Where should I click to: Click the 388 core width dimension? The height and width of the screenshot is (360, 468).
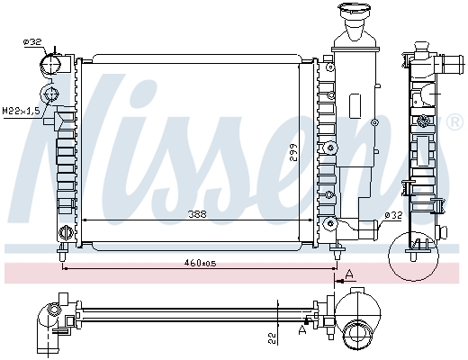tap(197, 214)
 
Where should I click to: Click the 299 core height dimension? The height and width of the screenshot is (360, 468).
tap(294, 152)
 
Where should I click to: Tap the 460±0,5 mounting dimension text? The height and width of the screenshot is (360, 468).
tap(200, 263)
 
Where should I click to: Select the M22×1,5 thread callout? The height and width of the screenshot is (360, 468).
tap(21, 111)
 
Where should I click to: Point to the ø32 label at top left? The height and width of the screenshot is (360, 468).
tap(32, 42)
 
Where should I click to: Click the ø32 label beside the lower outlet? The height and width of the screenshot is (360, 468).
tap(393, 215)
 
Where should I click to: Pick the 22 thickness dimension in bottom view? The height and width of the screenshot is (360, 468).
tap(272, 339)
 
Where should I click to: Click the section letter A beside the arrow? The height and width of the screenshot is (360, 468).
tap(349, 274)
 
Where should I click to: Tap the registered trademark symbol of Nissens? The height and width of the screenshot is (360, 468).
tap(454, 122)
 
